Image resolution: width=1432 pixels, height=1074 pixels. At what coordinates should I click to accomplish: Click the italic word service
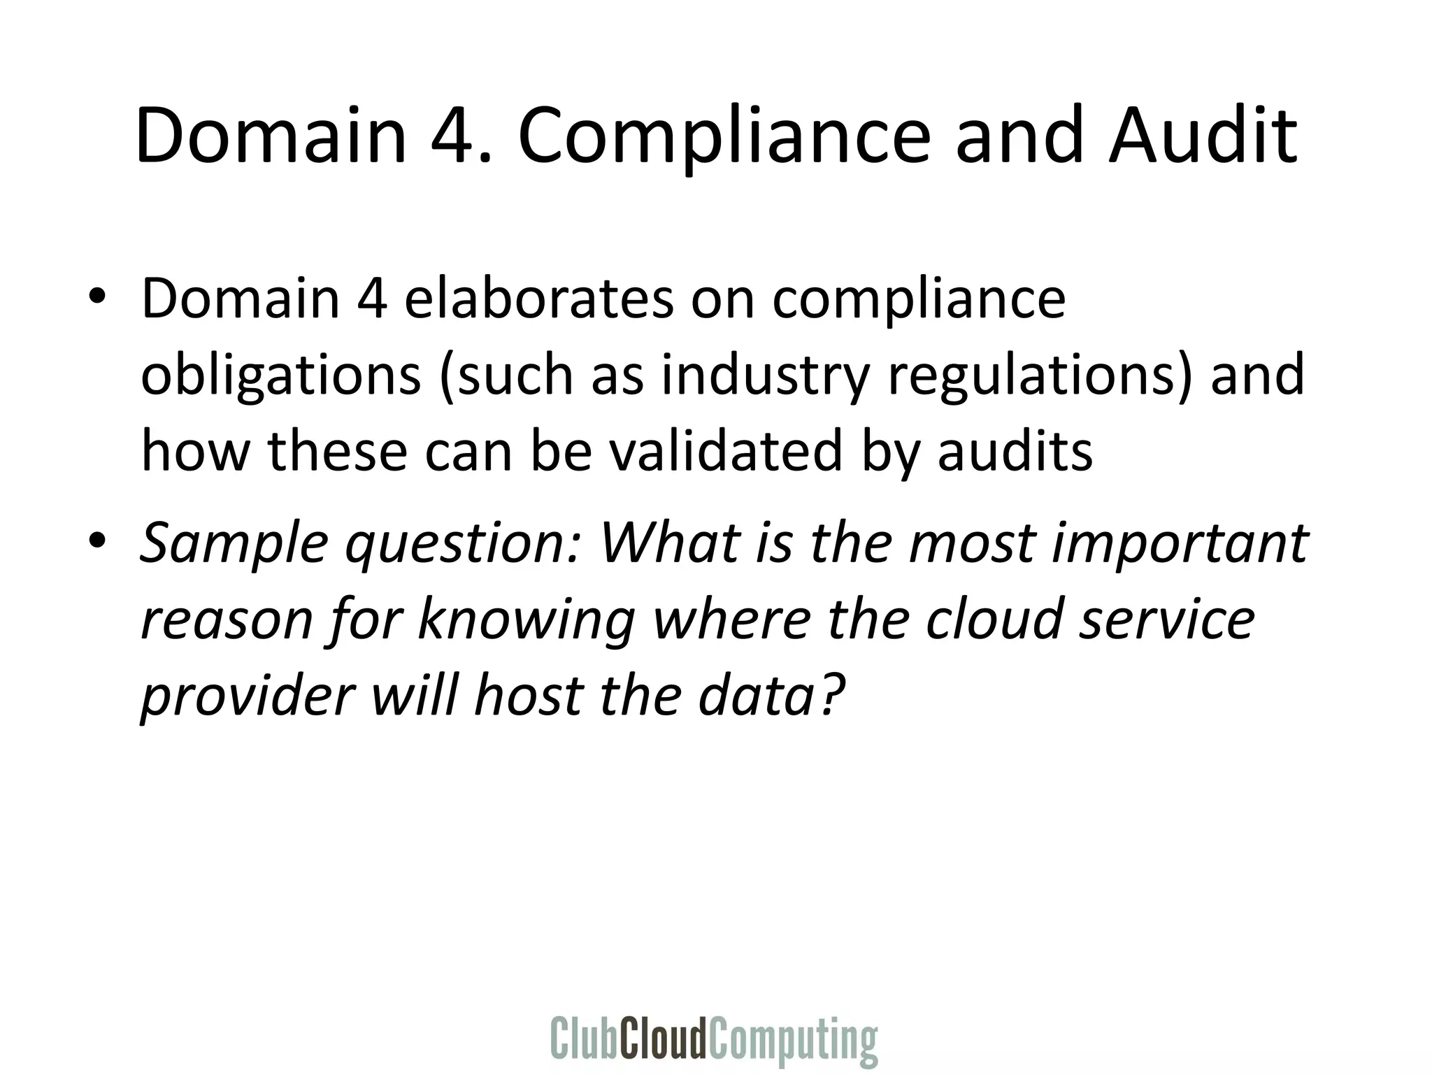click(x=1166, y=619)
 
